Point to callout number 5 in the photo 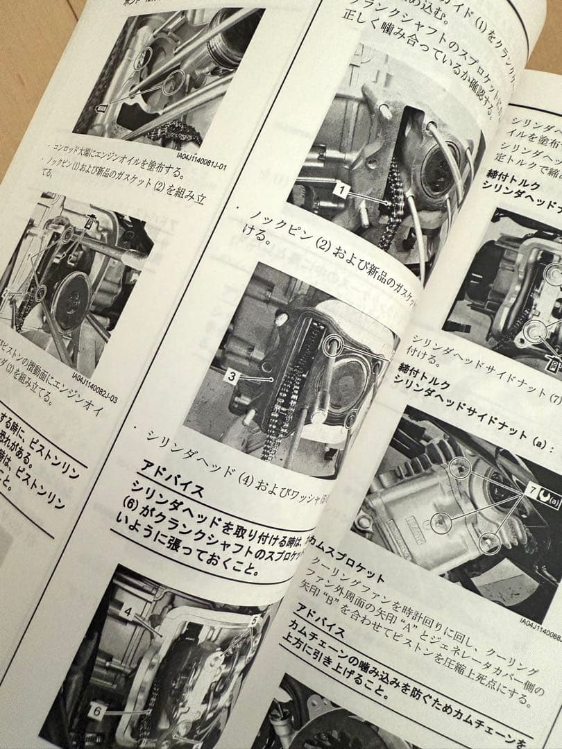(254, 619)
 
